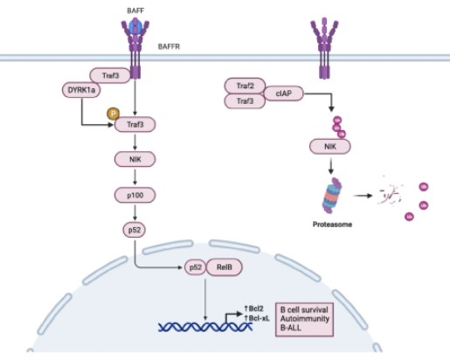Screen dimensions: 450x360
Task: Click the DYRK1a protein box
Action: pyautogui.click(x=81, y=90)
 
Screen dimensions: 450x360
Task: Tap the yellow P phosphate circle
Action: pyautogui.click(x=113, y=114)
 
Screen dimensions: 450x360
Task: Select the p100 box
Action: pyautogui.click(x=135, y=195)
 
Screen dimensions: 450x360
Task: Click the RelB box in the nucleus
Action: pyautogui.click(x=224, y=267)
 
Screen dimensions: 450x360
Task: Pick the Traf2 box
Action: pyautogui.click(x=245, y=86)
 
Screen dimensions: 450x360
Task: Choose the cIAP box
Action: pyautogui.click(x=283, y=93)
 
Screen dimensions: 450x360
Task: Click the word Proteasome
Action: pyautogui.click(x=332, y=225)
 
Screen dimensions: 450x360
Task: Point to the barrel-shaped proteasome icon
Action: pyautogui.click(x=332, y=196)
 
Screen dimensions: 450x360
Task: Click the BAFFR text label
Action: pyautogui.click(x=169, y=46)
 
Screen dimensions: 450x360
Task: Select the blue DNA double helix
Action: pyautogui.click(x=205, y=327)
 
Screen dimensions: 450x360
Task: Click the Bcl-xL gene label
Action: pyautogui.click(x=257, y=318)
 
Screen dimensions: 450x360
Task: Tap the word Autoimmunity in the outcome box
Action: pyautogui.click(x=305, y=319)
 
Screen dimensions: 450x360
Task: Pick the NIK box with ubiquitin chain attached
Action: pyautogui.click(x=330, y=147)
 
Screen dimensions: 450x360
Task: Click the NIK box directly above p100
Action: pyautogui.click(x=135, y=159)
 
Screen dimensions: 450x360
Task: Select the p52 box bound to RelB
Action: pyautogui.click(x=196, y=267)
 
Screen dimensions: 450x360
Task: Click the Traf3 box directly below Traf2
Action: pyautogui.click(x=245, y=101)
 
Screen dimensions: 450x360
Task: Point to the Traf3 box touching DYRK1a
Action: pyautogui.click(x=110, y=76)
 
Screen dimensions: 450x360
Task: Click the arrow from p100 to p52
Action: pyautogui.click(x=135, y=212)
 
